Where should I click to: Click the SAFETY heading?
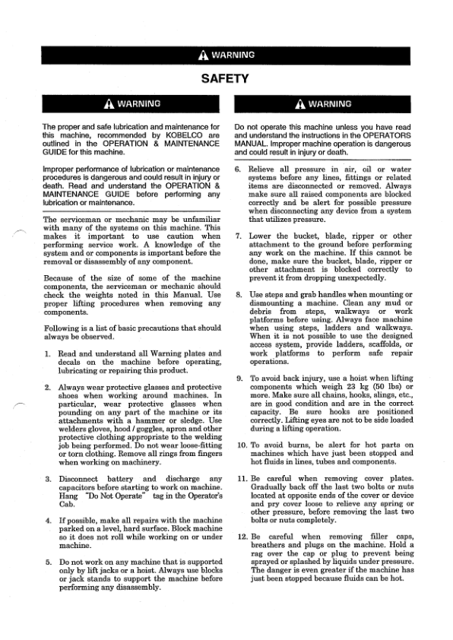pyautogui.click(x=225, y=78)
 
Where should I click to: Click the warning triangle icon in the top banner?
pyautogui.click(x=202, y=56)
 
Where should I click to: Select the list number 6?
pyautogui.click(x=239, y=169)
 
